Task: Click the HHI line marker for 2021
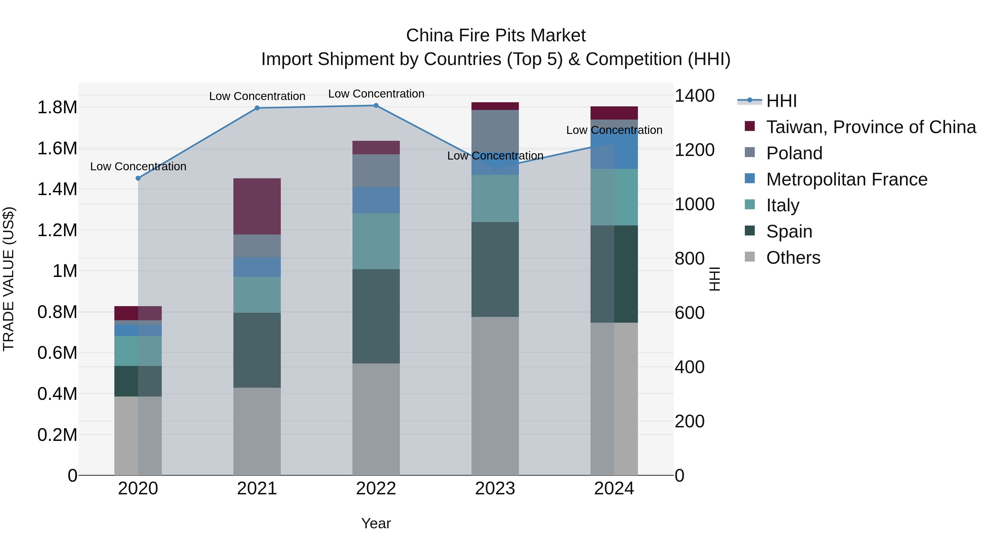[257, 108]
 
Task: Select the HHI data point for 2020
[138, 178]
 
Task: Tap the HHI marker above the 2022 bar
[376, 106]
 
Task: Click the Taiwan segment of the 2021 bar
[257, 206]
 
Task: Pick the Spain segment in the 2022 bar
[376, 316]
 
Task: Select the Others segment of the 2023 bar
[495, 396]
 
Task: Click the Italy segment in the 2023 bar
[495, 199]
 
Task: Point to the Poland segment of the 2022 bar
[376, 171]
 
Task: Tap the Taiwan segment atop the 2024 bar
[614, 113]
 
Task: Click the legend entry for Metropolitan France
[847, 179]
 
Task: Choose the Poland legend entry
[794, 153]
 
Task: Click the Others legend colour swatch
[750, 257]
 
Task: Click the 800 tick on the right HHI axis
[689, 258]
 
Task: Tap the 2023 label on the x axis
[495, 489]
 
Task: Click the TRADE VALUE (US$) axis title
[9, 279]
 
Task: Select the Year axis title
[376, 523]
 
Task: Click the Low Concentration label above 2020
[138, 166]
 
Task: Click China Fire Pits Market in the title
[496, 36]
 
